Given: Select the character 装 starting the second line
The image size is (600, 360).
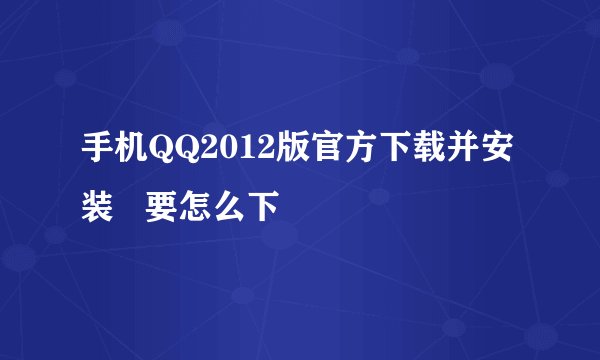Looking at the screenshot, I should (x=98, y=207).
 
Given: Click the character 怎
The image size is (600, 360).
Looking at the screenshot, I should (x=194, y=207).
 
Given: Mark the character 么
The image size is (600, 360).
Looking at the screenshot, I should (x=226, y=207).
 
